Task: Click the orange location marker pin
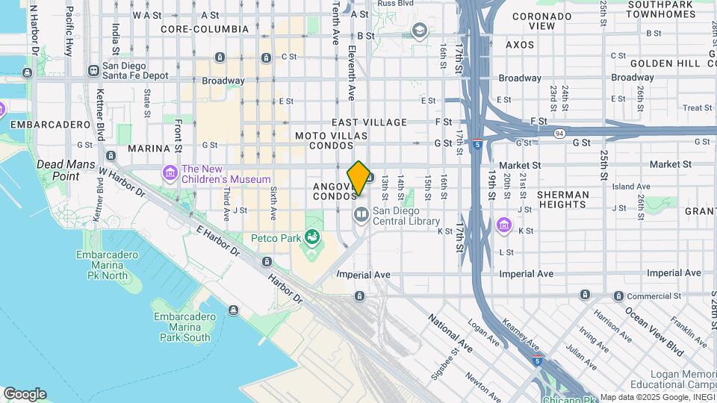358,178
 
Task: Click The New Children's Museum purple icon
171,174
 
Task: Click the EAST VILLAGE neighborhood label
370,122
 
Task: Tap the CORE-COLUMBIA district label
205,29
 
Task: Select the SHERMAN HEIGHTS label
562,199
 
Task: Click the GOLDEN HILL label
668,63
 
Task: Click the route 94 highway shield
559,133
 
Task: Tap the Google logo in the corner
25,394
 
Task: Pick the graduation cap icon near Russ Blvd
420,29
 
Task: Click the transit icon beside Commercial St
618,296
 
